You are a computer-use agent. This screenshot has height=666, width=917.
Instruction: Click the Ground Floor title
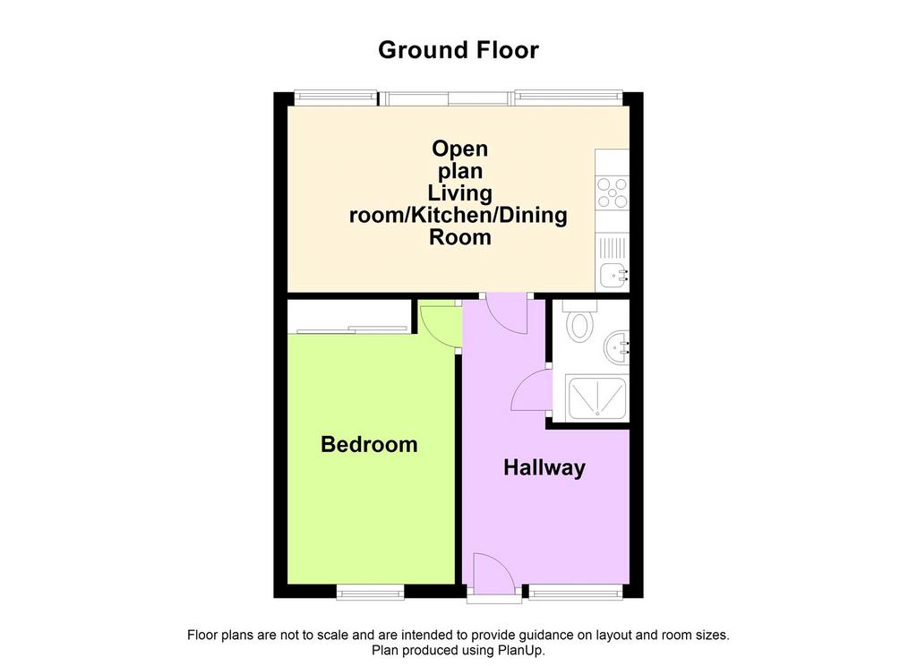(458, 50)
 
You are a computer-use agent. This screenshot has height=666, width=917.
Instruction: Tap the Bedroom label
(369, 444)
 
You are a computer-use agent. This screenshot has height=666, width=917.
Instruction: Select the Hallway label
(544, 468)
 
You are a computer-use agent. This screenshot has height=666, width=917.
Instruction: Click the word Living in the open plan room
(459, 193)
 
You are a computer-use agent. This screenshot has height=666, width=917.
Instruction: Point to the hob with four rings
(613, 192)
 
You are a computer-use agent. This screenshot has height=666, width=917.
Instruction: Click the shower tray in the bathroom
(597, 398)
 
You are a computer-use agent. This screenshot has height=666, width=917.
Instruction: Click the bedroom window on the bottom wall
(371, 592)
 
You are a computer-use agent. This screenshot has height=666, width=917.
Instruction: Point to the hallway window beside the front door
(576, 592)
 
